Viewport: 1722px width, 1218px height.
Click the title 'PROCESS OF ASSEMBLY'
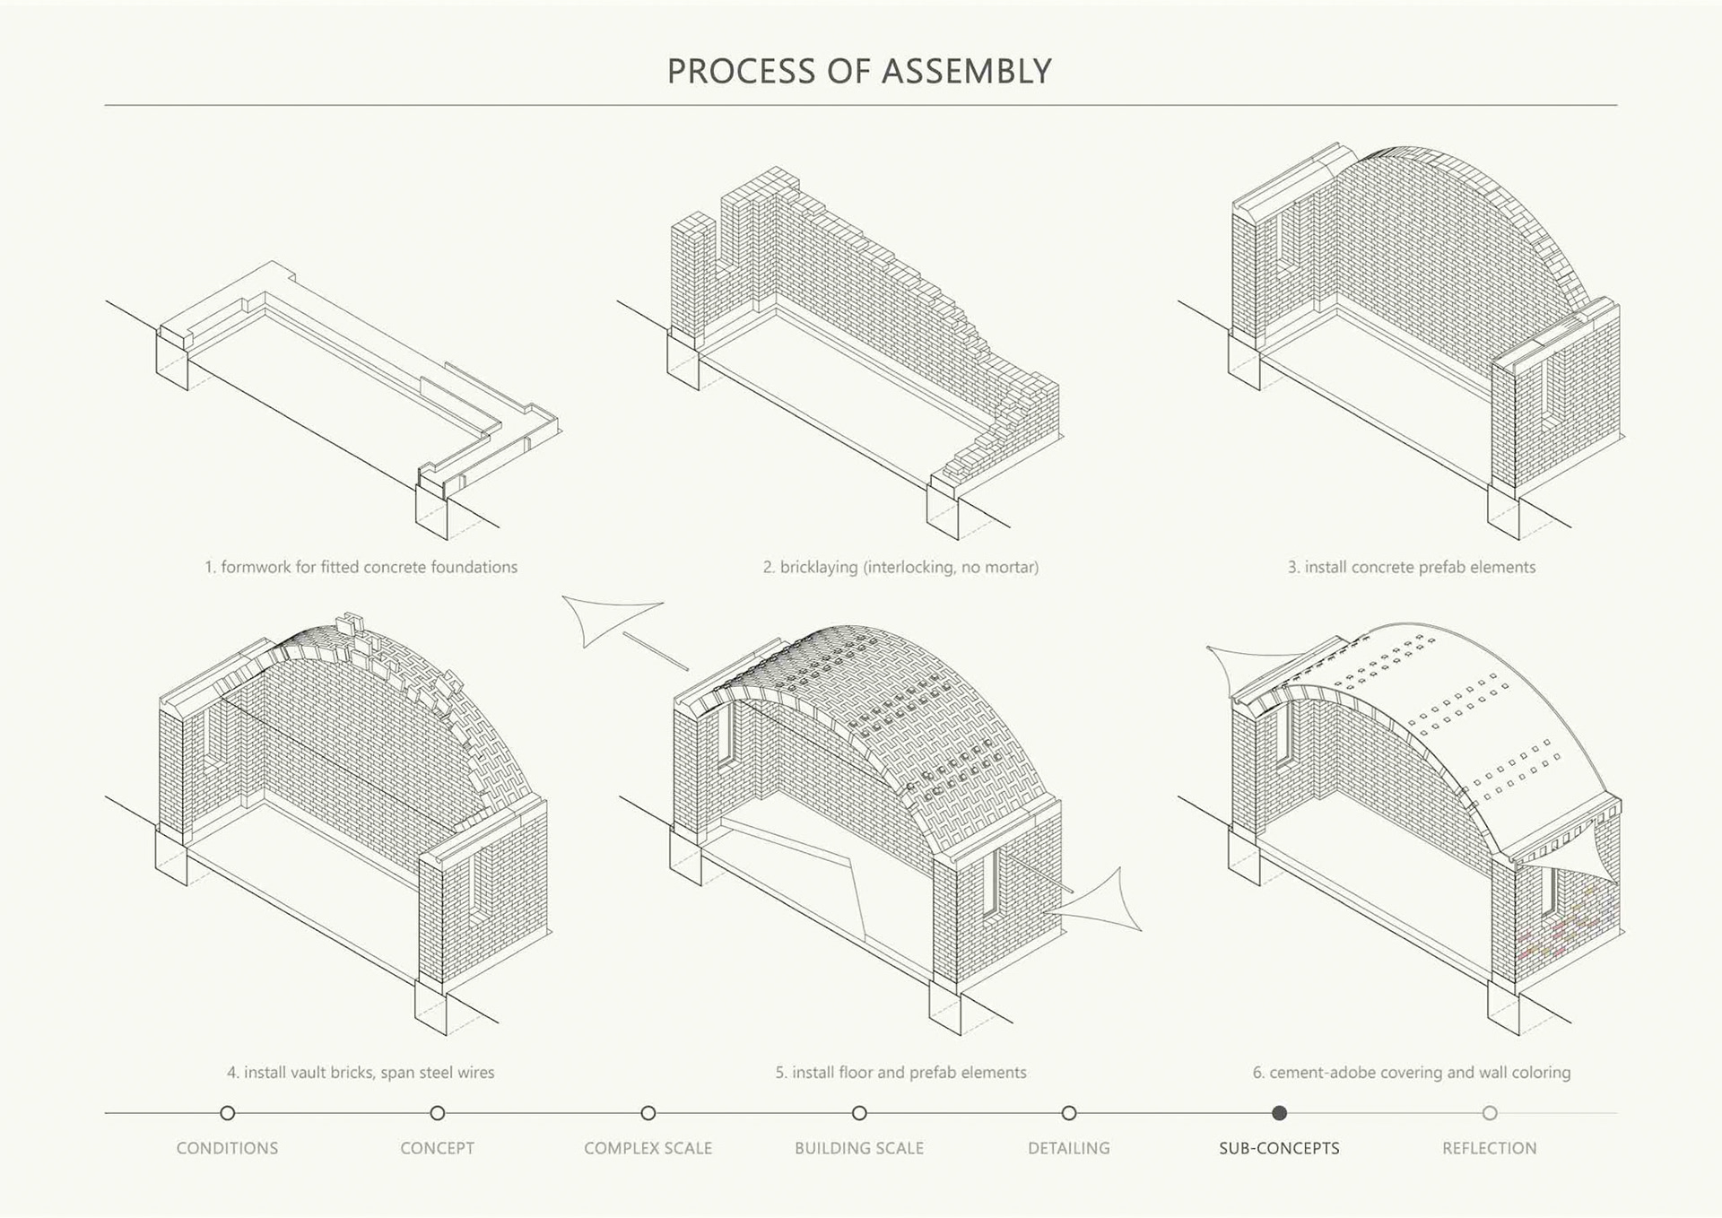(x=859, y=72)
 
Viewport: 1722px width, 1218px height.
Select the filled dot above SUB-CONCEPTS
(x=1279, y=1113)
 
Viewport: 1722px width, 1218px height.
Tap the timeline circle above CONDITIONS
(x=228, y=1113)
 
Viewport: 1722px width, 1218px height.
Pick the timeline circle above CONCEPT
(x=438, y=1113)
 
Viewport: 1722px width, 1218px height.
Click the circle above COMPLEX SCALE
(x=648, y=1113)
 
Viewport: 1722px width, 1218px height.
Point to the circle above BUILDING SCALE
(x=859, y=1113)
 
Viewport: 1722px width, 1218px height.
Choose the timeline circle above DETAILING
(x=1069, y=1113)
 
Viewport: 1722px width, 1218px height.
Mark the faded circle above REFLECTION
(x=1490, y=1113)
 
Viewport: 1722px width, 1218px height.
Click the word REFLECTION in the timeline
(x=1489, y=1148)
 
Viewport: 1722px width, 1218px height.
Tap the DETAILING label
(x=1068, y=1148)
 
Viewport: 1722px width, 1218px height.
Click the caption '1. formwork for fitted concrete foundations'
(x=361, y=567)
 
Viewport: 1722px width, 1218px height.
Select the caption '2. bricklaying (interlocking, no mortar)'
(x=900, y=567)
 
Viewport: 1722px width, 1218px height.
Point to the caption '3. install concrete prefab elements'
(x=1412, y=567)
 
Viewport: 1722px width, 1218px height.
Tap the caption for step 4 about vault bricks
(x=361, y=1072)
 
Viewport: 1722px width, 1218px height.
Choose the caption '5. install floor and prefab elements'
(x=900, y=1072)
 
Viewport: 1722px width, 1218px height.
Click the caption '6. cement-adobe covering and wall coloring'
(x=1412, y=1072)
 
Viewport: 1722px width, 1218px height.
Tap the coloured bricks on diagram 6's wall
(x=1561, y=933)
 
